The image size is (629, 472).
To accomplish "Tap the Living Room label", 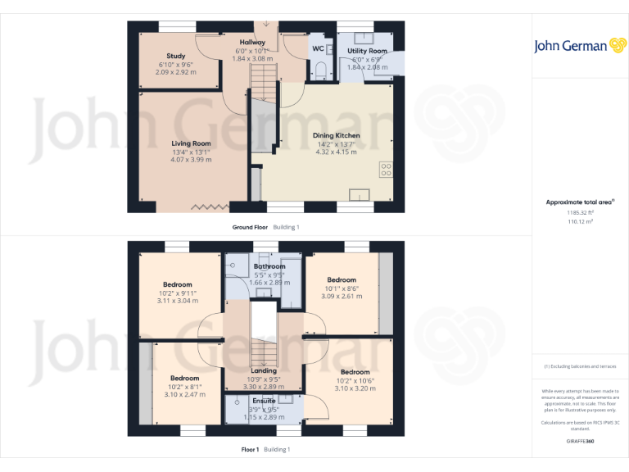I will (x=192, y=143).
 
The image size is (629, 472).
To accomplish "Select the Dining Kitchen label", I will (x=336, y=135).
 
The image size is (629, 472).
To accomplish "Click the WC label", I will (x=318, y=48).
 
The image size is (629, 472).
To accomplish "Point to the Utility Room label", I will (x=367, y=51).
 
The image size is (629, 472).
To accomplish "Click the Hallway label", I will (x=252, y=43).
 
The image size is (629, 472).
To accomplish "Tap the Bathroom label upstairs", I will (x=269, y=266).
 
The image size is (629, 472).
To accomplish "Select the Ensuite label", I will (x=264, y=401).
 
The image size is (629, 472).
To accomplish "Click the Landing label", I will (x=264, y=370).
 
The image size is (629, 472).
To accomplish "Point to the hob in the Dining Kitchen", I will (x=385, y=170).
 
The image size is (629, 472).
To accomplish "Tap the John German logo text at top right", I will (x=570, y=46).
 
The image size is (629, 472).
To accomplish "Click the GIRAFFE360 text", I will (x=580, y=442).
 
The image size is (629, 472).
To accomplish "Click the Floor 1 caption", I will (x=250, y=449).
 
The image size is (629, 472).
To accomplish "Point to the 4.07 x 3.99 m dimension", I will (x=192, y=160).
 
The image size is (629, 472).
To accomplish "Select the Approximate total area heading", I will (x=580, y=202).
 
